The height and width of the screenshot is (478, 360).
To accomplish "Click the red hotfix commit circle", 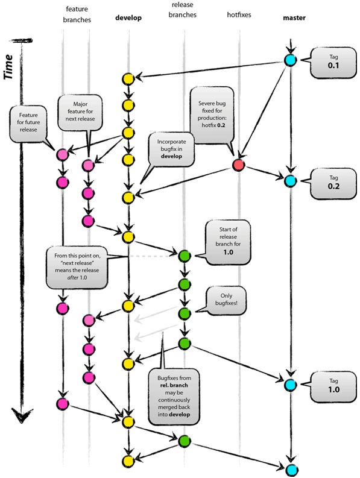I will pyautogui.click(x=239, y=165).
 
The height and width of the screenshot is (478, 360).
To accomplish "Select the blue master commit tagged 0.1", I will pyautogui.click(x=291, y=60).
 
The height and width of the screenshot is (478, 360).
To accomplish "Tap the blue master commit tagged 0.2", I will pyautogui.click(x=291, y=181).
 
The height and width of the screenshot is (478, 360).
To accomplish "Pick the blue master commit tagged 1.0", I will pyautogui.click(x=291, y=385).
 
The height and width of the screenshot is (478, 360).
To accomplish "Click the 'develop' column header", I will pyautogui.click(x=128, y=18).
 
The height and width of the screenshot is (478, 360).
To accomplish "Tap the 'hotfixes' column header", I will pyautogui.click(x=239, y=18).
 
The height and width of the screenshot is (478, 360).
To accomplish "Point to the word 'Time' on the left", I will pyautogui.click(x=10, y=67).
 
